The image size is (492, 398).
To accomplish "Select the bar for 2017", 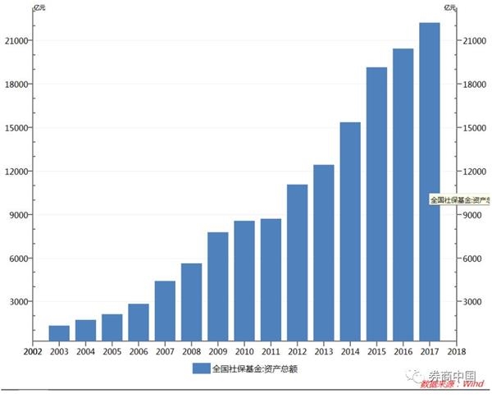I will tap(429, 181).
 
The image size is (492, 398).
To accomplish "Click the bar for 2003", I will tap(59, 333).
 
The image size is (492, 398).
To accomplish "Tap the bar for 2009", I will tap(217, 286).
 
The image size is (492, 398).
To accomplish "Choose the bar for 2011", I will tap(271, 280).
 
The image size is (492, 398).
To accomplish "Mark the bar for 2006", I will tap(139, 323).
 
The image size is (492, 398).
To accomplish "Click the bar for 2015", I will tap(376, 204).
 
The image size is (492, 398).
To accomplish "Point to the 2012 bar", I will tap(297, 263).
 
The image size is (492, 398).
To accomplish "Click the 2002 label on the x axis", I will tap(33, 352).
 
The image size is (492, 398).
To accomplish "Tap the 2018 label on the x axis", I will tap(455, 352).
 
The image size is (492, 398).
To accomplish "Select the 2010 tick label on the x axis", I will tap(244, 352).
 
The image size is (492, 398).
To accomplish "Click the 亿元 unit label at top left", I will tap(39, 7).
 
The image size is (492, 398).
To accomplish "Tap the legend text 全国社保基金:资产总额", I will tap(253, 368).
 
